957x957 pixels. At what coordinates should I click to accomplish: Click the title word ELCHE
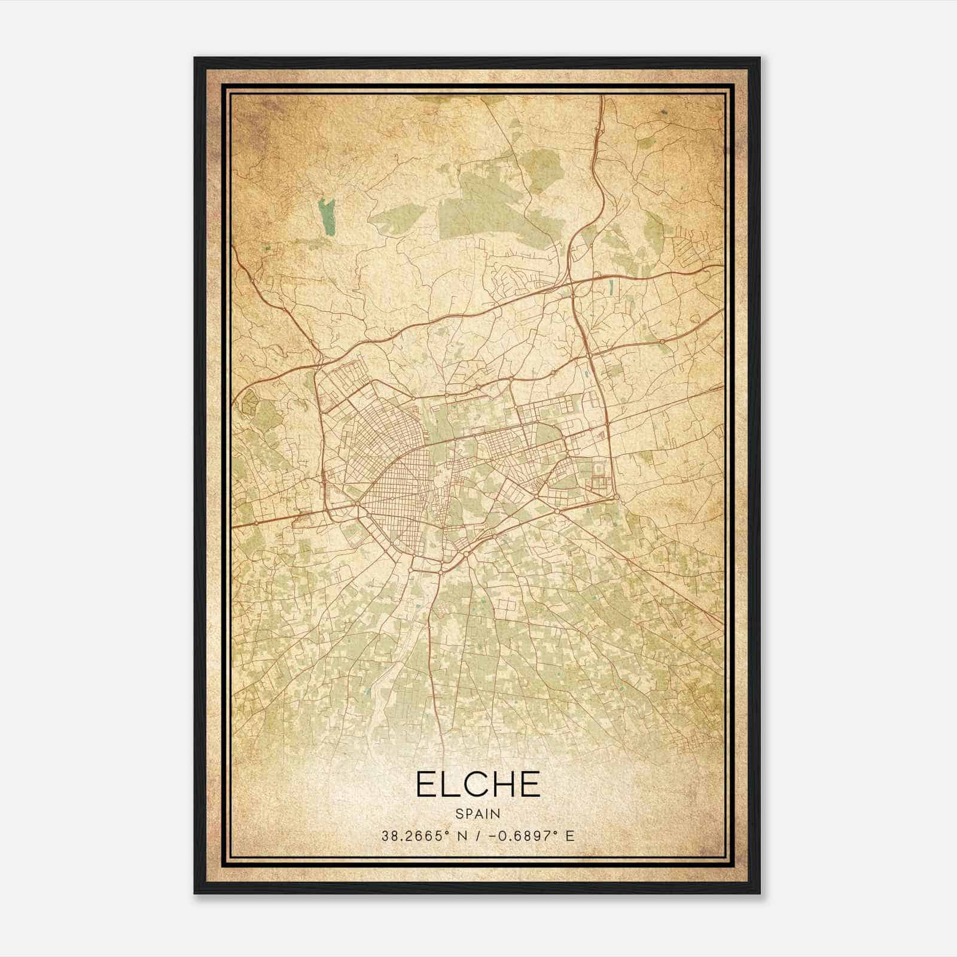point(478,784)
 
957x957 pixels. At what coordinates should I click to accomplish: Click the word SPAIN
point(478,813)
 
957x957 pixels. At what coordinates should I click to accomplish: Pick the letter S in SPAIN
point(459,813)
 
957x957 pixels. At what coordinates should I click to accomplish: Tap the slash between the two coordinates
point(478,836)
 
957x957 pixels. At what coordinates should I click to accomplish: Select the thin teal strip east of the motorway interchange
point(610,288)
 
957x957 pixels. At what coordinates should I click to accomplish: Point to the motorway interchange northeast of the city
point(572,281)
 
